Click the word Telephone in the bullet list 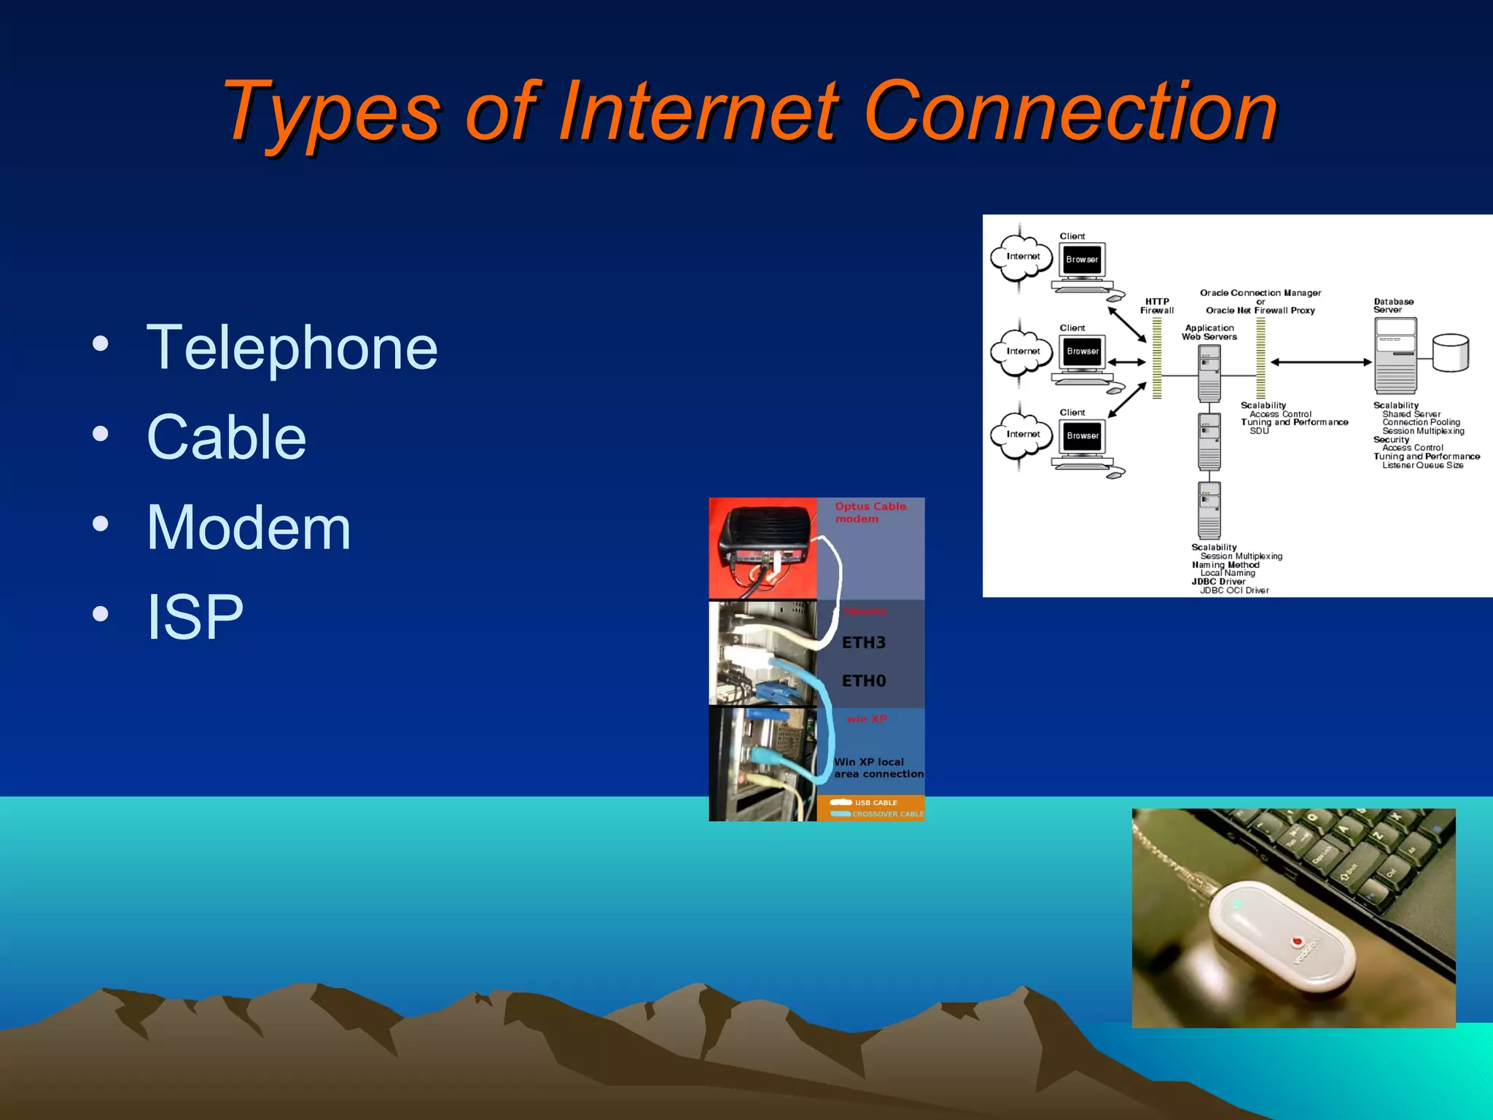tap(292, 349)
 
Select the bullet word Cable tap(226, 437)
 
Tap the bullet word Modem tap(249, 527)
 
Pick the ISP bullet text tap(195, 618)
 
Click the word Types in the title tap(332, 113)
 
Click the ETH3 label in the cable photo tap(864, 642)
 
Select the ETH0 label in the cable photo tap(864, 681)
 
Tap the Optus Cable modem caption tap(870, 513)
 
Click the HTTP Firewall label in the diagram tap(1157, 306)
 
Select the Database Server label tap(1393, 306)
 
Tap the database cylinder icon tap(1450, 353)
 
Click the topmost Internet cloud tap(1021, 257)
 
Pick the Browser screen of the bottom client tap(1083, 436)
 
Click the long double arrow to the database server tap(1320, 362)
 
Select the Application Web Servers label tap(1209, 332)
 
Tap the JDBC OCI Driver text tap(1234, 591)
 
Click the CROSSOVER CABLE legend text tap(887, 814)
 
